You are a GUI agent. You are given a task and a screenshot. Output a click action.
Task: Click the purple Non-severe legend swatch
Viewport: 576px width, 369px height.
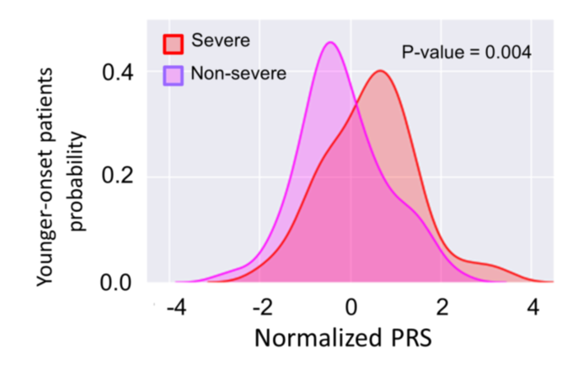pyautogui.click(x=174, y=74)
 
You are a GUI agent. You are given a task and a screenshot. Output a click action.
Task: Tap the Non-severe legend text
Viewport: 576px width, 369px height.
pyautogui.click(x=238, y=74)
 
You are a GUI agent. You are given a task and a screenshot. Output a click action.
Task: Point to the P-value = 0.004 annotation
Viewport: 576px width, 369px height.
pyautogui.click(x=466, y=52)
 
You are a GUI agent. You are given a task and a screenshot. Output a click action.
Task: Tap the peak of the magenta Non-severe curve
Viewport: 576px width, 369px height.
pyautogui.click(x=331, y=43)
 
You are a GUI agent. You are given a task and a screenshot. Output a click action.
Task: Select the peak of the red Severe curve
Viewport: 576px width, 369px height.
pyautogui.click(x=379, y=71)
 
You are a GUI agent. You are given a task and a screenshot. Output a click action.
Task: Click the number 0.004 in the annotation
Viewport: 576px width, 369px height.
pyautogui.click(x=508, y=52)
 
